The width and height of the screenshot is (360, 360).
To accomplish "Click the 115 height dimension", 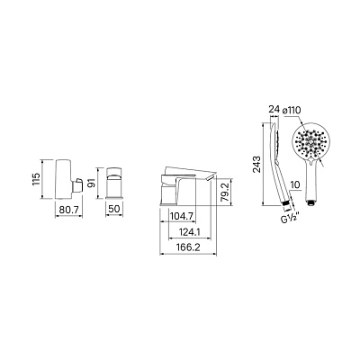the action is click(x=36, y=179).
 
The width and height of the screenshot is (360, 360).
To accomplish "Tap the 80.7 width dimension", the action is click(x=69, y=210).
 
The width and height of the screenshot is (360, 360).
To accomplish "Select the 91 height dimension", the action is click(x=93, y=183).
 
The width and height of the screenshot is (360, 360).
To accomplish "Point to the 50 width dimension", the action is click(x=114, y=209).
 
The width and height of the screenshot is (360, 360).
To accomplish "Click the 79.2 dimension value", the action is click(x=227, y=192).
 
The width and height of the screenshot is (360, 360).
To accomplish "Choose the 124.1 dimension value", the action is click(x=190, y=232).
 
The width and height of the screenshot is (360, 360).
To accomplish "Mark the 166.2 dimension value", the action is click(x=188, y=247).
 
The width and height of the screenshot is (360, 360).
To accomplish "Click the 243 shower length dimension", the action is click(x=256, y=165).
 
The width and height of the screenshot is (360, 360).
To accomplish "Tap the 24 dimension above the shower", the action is click(x=274, y=110).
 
